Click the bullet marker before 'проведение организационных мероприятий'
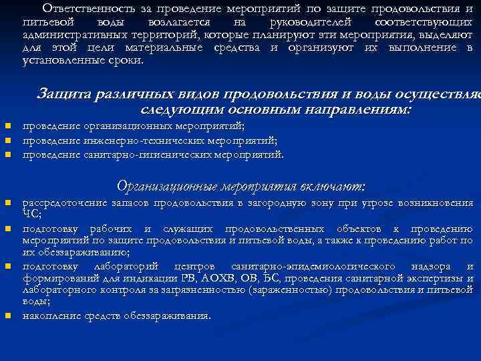pos(7,125)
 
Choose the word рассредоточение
pos(64,202)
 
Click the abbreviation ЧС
pos(31,215)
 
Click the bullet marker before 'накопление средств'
pos(7,316)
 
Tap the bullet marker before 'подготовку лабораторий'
pos(7,266)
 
